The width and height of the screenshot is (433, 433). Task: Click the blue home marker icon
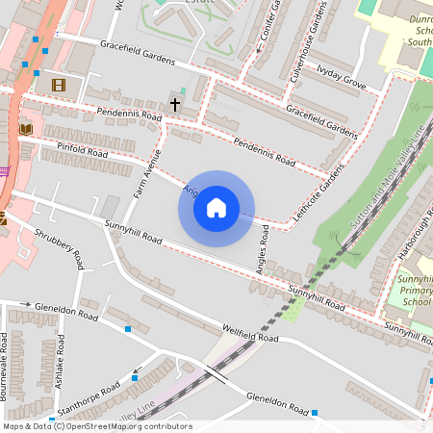point(216,207)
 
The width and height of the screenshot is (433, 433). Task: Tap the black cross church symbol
point(175,102)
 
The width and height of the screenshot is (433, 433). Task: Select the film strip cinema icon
point(59,85)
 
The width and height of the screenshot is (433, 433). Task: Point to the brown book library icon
point(25,128)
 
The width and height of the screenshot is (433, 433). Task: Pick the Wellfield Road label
point(249,334)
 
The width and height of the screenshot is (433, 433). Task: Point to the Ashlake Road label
point(60,365)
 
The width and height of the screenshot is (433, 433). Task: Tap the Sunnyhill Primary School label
point(415,290)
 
